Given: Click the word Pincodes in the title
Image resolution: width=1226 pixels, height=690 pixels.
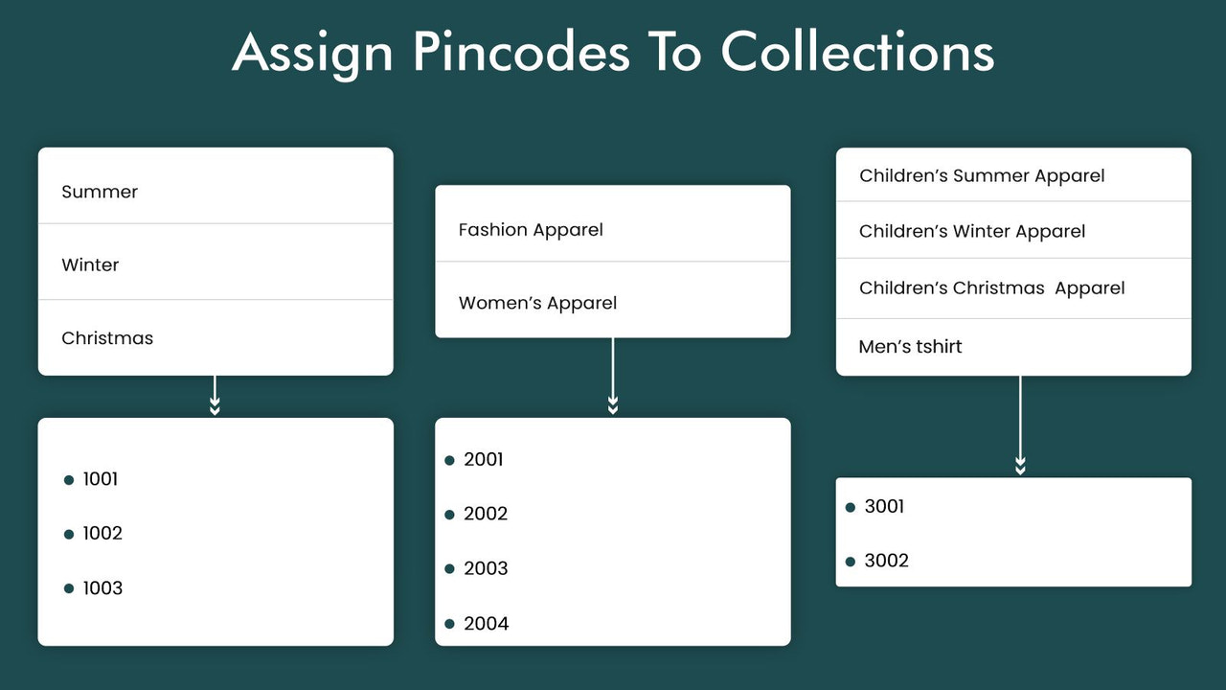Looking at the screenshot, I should [521, 52].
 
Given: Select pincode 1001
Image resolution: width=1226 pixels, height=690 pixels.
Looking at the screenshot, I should [101, 479].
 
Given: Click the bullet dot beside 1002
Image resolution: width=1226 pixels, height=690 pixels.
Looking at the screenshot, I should [69, 535].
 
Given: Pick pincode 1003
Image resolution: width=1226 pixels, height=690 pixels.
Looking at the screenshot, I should [102, 588].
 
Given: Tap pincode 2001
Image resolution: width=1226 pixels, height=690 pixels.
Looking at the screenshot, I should [484, 460].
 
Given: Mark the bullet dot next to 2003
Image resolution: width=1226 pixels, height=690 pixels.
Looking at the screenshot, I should [450, 569].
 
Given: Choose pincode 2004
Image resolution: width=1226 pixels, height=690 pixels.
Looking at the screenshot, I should [487, 624].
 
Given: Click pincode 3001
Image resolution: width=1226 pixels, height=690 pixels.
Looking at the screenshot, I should [884, 507].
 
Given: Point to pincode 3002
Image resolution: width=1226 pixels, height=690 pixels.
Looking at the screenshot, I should [886, 561].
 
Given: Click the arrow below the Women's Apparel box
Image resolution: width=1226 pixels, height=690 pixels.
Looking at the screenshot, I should [613, 378].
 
